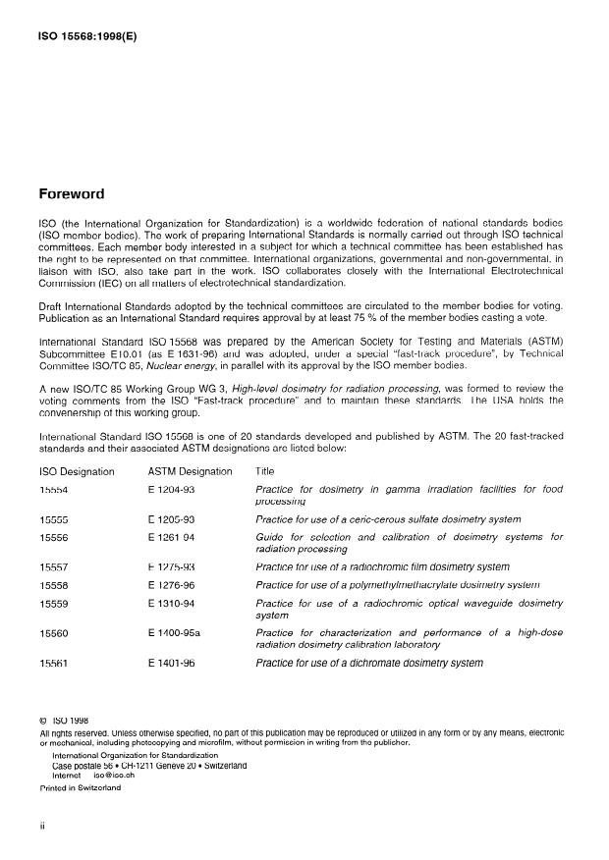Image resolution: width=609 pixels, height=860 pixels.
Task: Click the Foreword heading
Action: point(72,194)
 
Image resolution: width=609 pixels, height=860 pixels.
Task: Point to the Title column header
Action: point(265,471)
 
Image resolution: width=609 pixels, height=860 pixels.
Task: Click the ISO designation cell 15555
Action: point(53,519)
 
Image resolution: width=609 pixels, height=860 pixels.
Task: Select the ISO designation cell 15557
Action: point(53,567)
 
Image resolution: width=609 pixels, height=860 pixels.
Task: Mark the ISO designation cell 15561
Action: point(53,664)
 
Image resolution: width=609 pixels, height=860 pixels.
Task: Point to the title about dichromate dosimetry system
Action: point(368,664)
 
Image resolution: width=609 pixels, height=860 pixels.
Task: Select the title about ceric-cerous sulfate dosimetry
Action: point(387,519)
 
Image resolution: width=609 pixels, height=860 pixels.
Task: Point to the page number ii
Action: point(41,827)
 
